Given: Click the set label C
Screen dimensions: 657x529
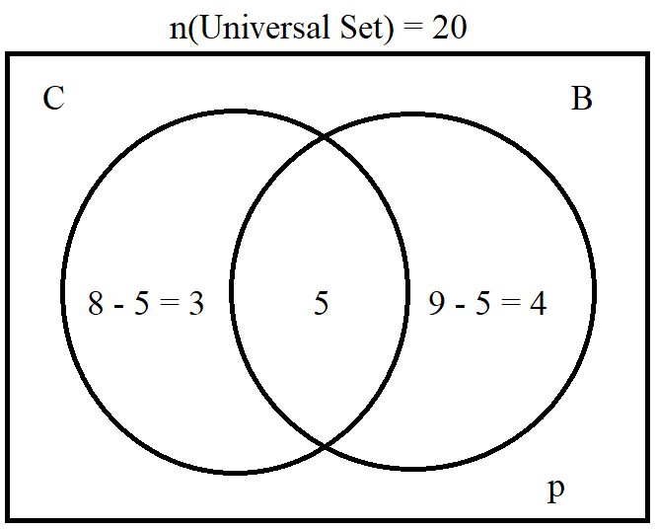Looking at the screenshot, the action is [53, 99].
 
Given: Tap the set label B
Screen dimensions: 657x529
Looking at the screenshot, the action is [582, 99].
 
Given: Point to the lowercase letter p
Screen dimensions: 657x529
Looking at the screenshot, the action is [556, 490].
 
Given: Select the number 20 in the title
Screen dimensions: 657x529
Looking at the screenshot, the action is [449, 28].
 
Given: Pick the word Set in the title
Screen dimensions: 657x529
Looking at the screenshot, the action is [361, 28].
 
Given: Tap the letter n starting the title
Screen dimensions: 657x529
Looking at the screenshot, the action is [179, 32].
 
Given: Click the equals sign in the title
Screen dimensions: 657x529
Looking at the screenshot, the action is [412, 29].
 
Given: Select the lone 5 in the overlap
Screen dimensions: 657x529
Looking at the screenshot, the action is [322, 303].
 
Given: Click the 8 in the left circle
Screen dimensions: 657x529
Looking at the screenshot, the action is [96, 303].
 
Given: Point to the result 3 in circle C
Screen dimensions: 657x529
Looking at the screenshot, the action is [195, 303].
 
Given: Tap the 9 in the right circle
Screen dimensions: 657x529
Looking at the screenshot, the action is [437, 303].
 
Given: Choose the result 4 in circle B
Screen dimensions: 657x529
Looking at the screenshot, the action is [539, 303].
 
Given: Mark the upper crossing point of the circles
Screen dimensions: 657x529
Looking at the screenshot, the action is [325, 136].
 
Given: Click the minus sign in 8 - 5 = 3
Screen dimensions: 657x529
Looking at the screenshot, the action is [119, 306].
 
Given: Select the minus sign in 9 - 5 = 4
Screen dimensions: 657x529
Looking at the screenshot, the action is [460, 306].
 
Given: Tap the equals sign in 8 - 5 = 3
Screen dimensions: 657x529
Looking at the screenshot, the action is [170, 303].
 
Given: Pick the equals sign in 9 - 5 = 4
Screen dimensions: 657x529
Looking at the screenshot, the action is [510, 303].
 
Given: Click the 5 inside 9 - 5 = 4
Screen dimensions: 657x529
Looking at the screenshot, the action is [482, 303].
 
